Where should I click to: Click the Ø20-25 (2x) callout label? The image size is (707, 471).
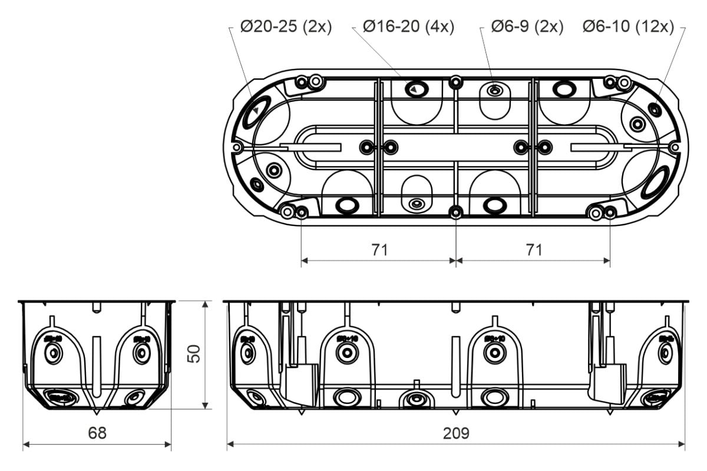(286, 26)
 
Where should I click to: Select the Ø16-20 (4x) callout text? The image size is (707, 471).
(408, 26)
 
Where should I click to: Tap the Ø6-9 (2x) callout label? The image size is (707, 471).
(527, 26)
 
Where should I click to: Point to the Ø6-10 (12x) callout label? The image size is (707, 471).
(628, 26)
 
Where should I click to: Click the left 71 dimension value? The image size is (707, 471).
(379, 250)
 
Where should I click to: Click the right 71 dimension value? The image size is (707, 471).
(534, 250)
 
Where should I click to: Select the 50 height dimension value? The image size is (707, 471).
(194, 353)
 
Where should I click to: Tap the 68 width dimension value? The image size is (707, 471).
(97, 433)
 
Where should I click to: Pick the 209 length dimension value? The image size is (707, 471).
(456, 433)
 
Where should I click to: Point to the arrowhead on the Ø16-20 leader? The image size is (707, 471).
(415, 89)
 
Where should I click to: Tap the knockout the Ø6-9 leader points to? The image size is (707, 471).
(495, 91)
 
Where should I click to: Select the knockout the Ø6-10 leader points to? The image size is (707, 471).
(653, 109)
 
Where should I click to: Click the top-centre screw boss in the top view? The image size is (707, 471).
(455, 81)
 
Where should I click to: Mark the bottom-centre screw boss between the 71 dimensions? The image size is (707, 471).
(455, 212)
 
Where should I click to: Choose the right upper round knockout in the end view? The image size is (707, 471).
(141, 352)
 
